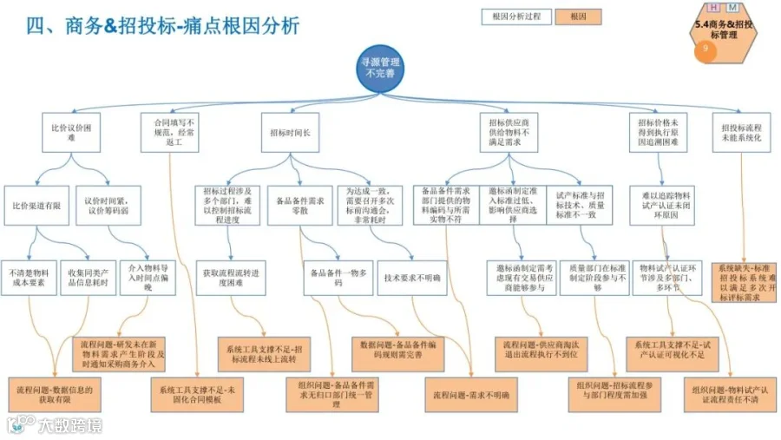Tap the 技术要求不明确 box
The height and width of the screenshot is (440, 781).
pos(413,278)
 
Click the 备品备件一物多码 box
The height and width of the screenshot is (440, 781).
pos(338,278)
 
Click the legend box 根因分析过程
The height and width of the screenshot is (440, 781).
pos(515,16)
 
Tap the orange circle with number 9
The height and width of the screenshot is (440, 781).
pos(706,50)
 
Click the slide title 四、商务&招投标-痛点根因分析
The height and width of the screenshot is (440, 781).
pos(162,25)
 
